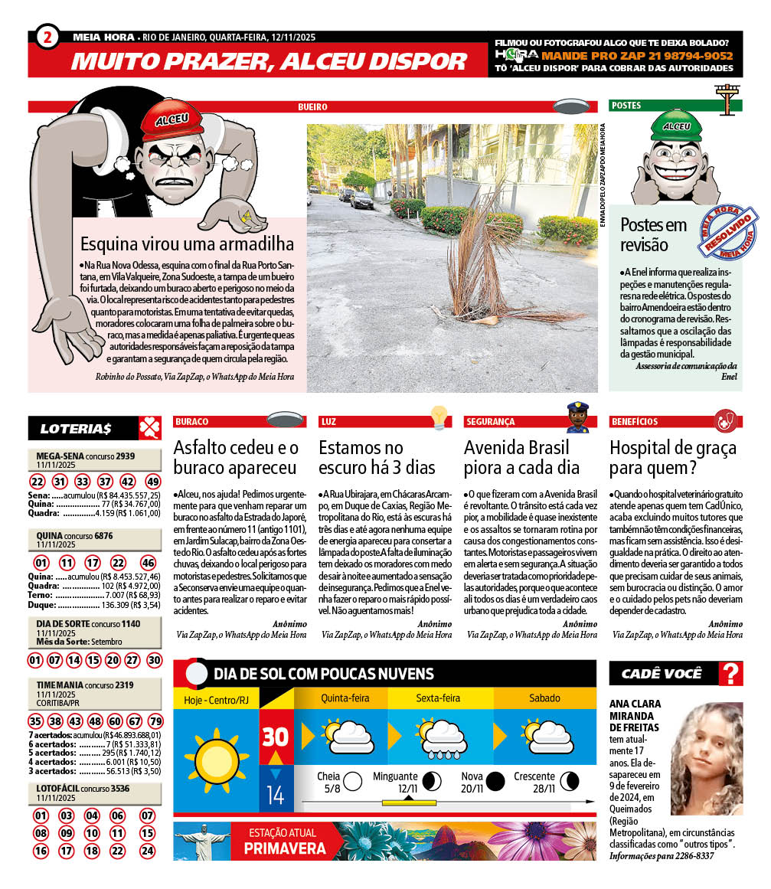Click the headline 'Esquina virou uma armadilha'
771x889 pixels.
pyautogui.click(x=188, y=245)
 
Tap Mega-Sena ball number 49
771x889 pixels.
pyautogui.click(x=153, y=482)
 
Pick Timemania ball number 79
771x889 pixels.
pyautogui.click(x=155, y=721)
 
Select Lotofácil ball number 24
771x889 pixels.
pyautogui.click(x=148, y=851)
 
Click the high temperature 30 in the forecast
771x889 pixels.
pyautogui.click(x=276, y=737)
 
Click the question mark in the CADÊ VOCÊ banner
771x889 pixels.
pyautogui.click(x=732, y=674)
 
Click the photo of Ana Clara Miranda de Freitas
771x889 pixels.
pyautogui.click(x=707, y=758)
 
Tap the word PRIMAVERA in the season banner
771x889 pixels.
pyautogui.click(x=285, y=848)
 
